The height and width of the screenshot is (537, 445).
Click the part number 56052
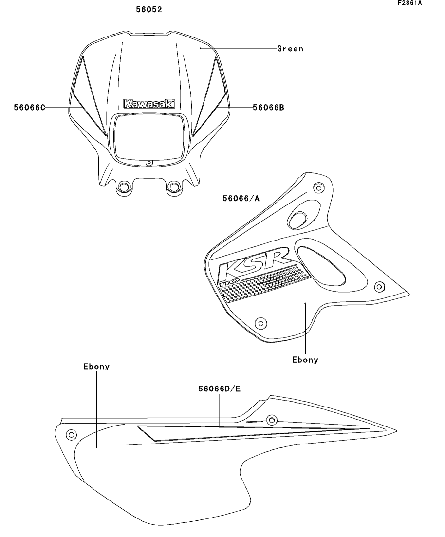149,9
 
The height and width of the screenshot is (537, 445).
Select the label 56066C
30,107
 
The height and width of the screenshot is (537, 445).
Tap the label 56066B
268,107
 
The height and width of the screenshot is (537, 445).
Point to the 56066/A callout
241,199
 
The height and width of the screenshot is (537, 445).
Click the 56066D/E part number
219,389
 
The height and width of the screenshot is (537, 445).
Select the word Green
290,49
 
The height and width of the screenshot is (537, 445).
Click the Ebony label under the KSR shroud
305,360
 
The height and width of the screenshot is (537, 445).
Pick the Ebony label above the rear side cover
96,367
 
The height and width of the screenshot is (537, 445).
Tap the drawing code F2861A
409,3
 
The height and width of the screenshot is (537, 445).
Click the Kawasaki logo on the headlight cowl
149,104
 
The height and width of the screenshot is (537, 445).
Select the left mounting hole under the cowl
124,187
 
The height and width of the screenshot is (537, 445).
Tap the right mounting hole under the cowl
174,186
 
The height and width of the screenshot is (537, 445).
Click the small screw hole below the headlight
149,162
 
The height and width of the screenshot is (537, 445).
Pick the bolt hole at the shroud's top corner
319,187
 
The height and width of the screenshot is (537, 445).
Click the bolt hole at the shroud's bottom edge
260,323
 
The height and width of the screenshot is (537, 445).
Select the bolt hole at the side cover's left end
71,434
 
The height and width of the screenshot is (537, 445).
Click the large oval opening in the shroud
321,265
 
